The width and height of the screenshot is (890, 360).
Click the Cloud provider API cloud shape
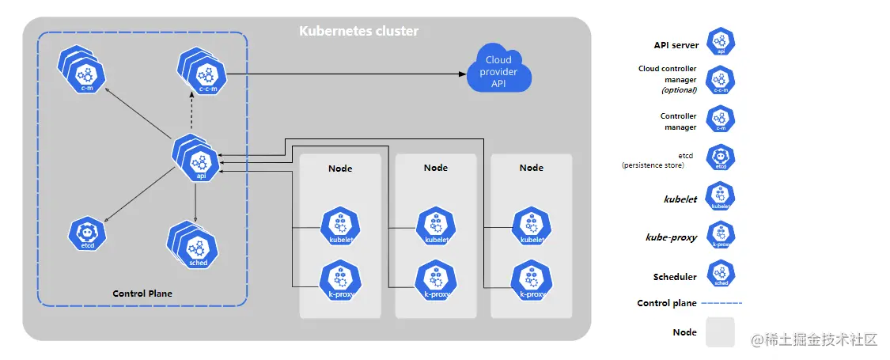click(x=498, y=70)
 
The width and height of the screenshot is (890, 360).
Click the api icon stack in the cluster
click(x=198, y=160)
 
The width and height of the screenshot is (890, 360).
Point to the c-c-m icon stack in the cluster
click(x=203, y=74)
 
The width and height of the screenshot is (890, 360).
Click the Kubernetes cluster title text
click(x=358, y=32)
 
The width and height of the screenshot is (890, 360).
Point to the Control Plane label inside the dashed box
click(x=142, y=294)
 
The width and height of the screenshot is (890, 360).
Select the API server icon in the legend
click(x=721, y=42)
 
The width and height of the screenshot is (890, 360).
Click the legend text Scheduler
click(x=675, y=277)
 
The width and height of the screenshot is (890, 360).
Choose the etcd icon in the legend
click(x=721, y=157)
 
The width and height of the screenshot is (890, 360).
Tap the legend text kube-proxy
click(x=672, y=237)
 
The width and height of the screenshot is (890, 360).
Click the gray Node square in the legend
click(x=720, y=332)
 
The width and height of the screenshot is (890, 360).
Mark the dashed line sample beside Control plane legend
click(x=721, y=303)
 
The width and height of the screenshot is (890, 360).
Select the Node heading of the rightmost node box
click(x=532, y=168)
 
